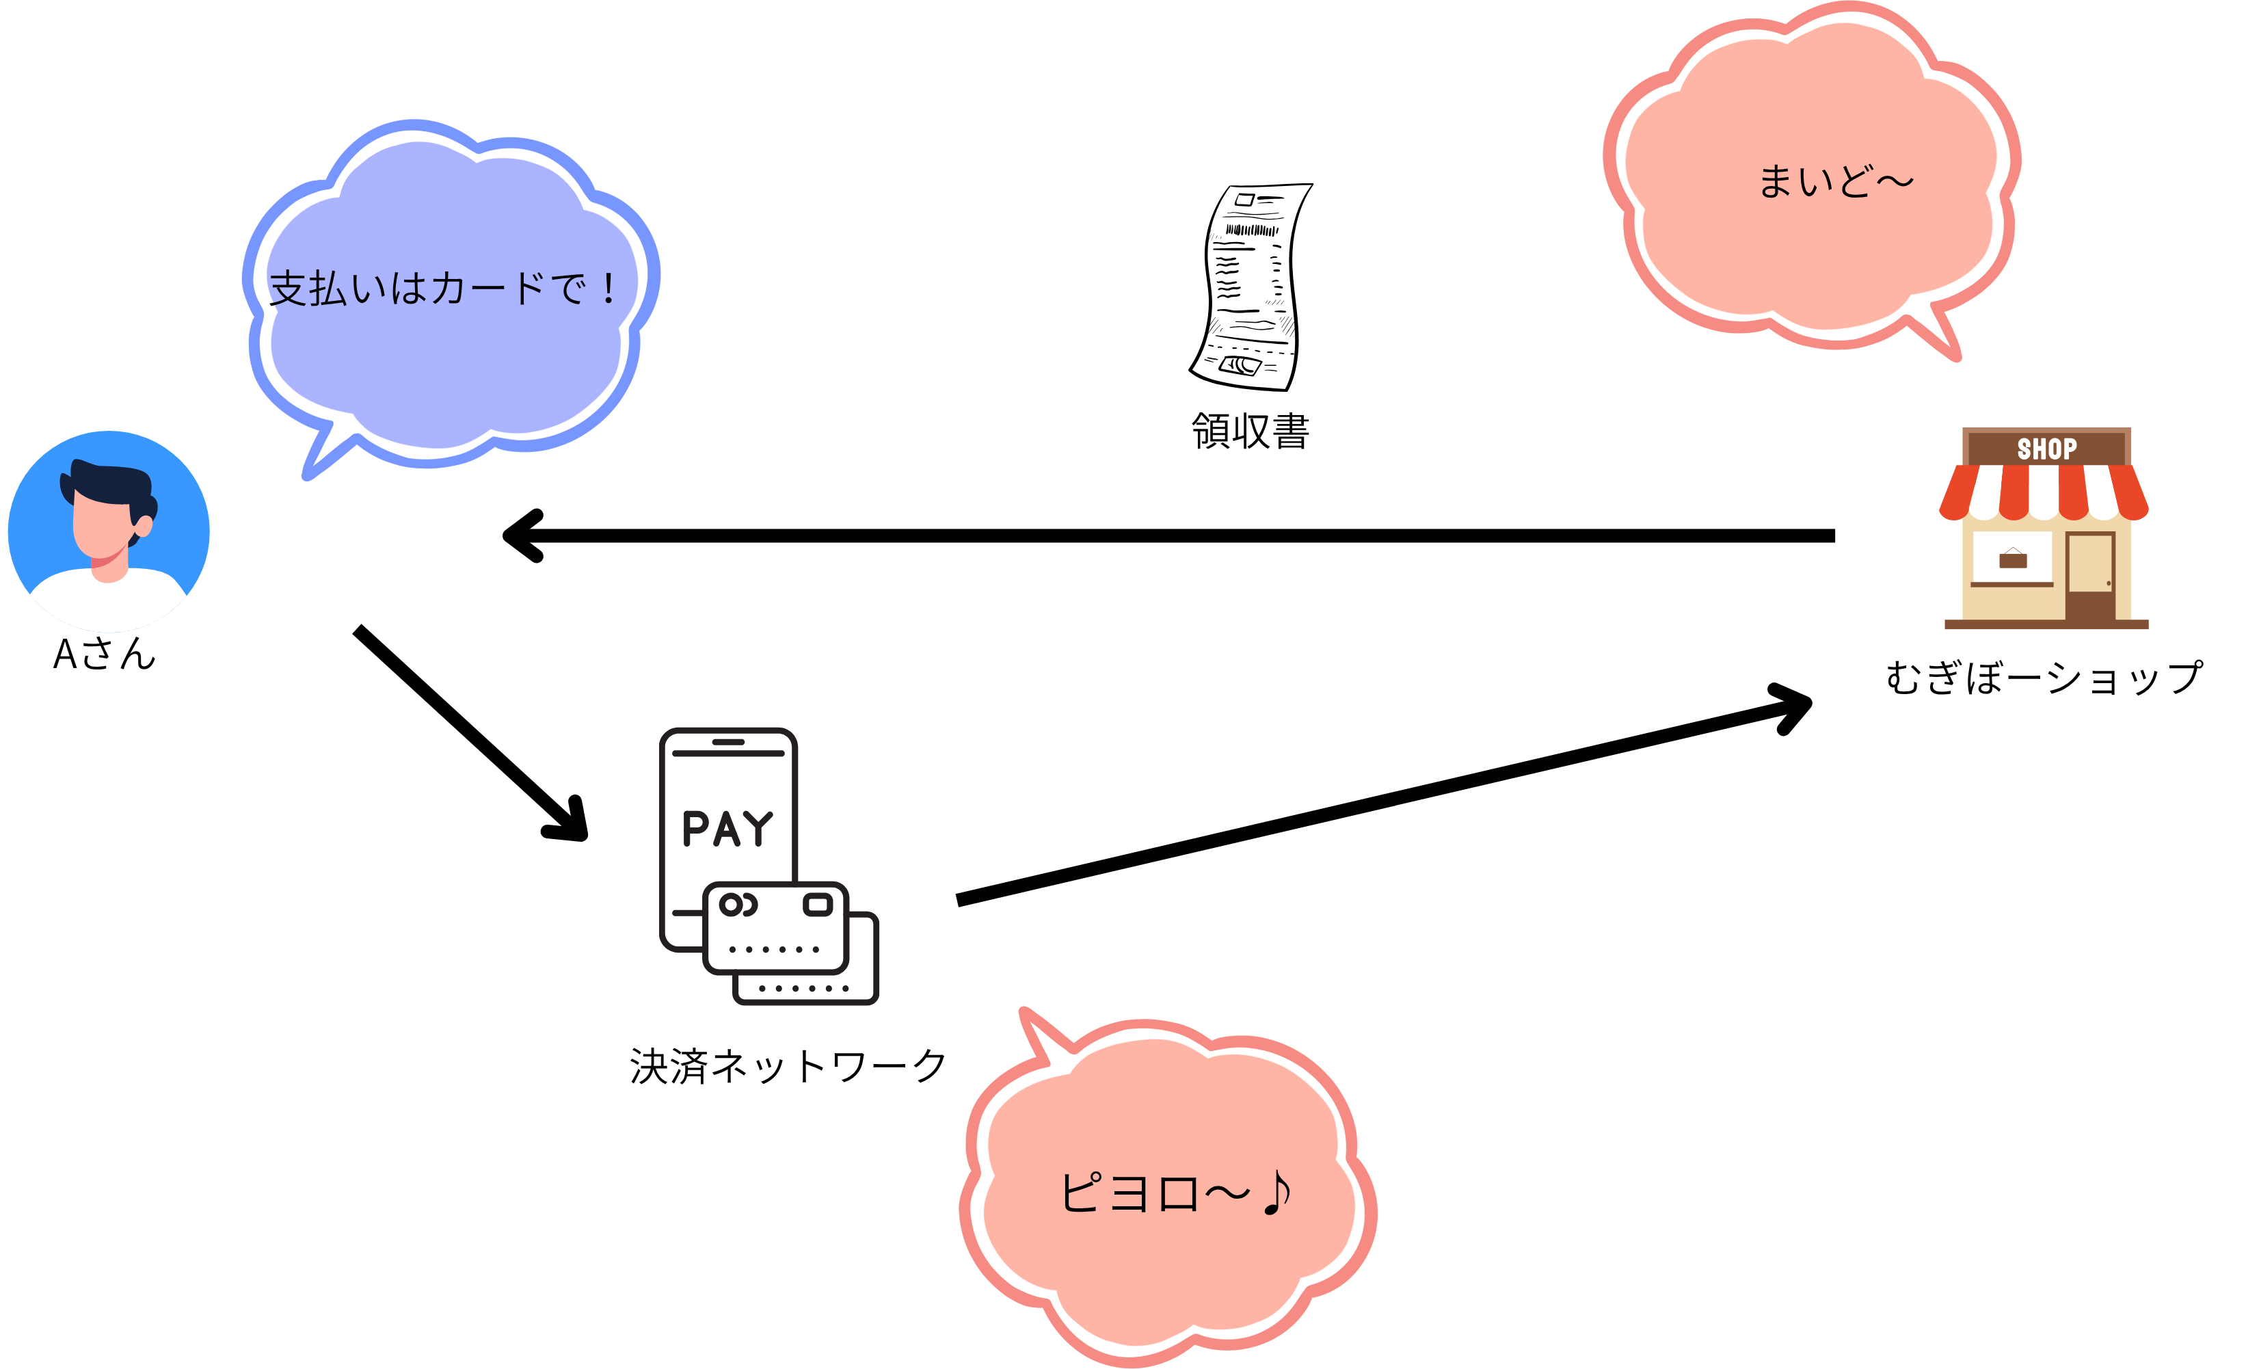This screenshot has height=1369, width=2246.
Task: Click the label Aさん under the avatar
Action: (x=105, y=654)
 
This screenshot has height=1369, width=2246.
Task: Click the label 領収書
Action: (x=1250, y=431)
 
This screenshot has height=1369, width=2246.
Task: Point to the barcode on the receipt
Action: (x=1251, y=230)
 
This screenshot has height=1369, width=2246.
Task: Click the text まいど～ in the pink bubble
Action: (x=1834, y=181)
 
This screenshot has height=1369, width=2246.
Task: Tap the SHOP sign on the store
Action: (x=2046, y=449)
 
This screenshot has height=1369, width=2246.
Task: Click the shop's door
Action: (x=2090, y=574)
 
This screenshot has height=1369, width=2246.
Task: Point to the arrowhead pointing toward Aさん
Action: (x=524, y=536)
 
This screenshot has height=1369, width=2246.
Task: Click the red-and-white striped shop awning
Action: (x=2044, y=492)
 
